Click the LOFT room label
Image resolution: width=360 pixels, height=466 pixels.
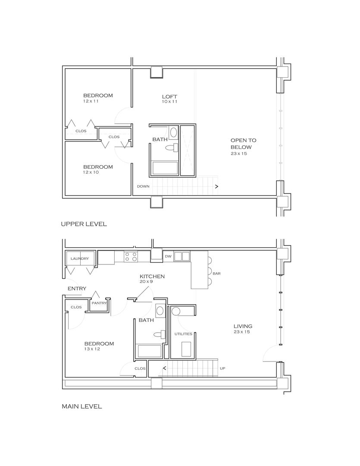pyautogui.click(x=169, y=97)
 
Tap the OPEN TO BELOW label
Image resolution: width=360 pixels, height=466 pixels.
pyautogui.click(x=243, y=144)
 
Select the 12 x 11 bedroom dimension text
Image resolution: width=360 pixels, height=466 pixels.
pyautogui.click(x=91, y=101)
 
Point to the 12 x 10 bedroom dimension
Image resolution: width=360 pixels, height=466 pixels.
pyautogui.click(x=91, y=172)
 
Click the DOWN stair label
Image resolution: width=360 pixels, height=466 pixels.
pyautogui.click(x=143, y=186)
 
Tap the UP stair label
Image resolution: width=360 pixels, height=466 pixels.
pyautogui.click(x=222, y=368)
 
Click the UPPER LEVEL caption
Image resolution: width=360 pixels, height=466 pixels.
pyautogui.click(x=84, y=224)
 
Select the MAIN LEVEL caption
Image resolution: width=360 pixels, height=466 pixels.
pyautogui.click(x=81, y=406)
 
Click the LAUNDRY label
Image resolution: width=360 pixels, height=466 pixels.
pyautogui.click(x=80, y=258)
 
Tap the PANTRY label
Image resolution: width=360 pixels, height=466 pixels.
pyautogui.click(x=99, y=303)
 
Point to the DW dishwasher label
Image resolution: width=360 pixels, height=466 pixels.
pyautogui.click(x=168, y=256)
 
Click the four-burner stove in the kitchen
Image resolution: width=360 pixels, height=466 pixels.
pyautogui.click(x=131, y=256)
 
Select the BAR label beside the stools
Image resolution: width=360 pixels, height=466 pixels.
pyautogui.click(x=216, y=274)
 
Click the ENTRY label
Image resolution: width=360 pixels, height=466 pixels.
pyautogui.click(x=77, y=289)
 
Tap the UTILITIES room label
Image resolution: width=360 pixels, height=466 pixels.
pyautogui.click(x=183, y=334)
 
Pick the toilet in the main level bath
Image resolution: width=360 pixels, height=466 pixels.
pyautogui.click(x=160, y=334)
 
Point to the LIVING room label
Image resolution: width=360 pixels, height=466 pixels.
pyautogui.click(x=243, y=326)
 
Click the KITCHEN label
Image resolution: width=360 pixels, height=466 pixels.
pyautogui.click(x=152, y=277)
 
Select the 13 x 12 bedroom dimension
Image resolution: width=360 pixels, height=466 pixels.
pyautogui.click(x=92, y=349)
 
